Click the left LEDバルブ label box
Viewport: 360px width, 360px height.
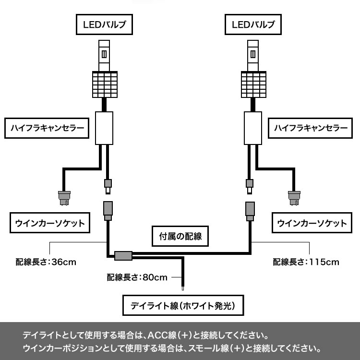(104, 25)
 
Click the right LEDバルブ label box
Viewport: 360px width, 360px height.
(253, 25)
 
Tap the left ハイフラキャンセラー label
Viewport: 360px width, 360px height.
(47, 129)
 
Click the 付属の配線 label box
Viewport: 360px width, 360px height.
(180, 236)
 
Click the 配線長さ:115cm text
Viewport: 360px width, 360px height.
(306, 263)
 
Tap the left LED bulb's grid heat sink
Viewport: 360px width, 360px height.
(104, 84)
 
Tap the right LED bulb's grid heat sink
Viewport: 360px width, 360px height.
(253, 84)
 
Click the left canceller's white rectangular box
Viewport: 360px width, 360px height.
(104, 127)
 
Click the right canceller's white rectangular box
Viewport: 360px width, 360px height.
(253, 127)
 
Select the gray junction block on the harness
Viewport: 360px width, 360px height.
(124, 256)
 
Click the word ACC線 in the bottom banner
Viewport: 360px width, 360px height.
(161, 334)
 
